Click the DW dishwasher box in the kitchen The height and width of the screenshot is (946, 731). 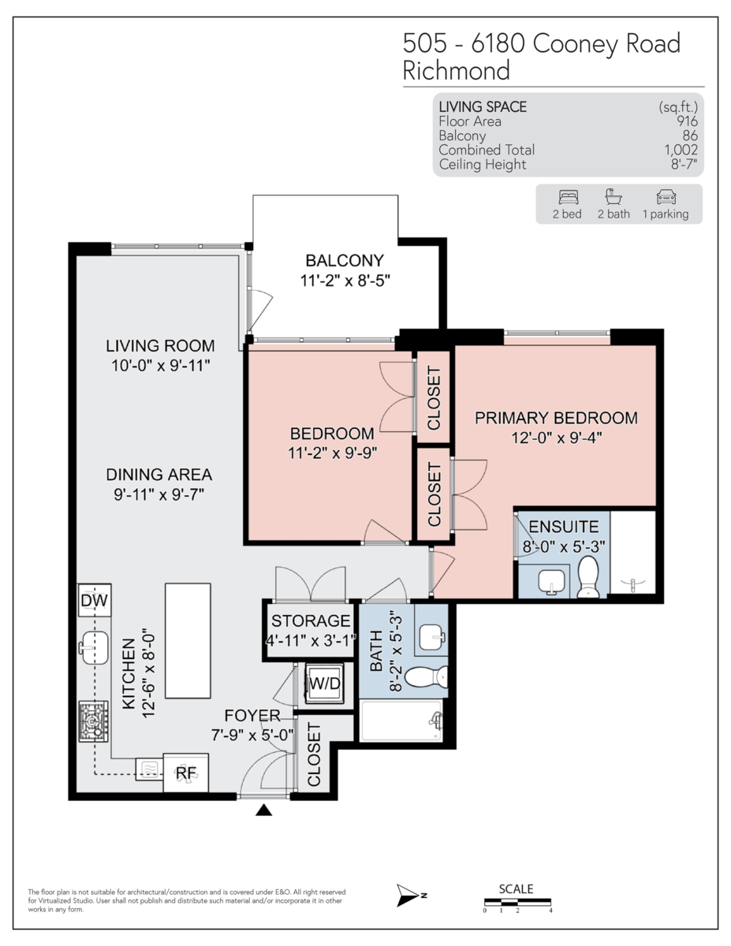tap(94, 602)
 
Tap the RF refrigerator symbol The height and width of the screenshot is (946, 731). tap(185, 773)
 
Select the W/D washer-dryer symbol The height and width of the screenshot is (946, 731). tap(324, 683)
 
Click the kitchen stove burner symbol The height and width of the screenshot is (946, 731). tap(94, 722)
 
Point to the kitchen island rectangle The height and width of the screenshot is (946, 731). tap(188, 641)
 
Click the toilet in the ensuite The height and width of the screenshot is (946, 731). tap(588, 578)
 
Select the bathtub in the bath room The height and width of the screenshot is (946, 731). tap(401, 721)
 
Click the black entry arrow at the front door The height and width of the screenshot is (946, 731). tap(263, 810)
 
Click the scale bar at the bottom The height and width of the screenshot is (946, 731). tap(517, 902)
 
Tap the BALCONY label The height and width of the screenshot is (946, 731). tap(345, 260)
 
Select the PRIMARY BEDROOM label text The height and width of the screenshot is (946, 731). tap(555, 418)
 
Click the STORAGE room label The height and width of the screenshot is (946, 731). tap(311, 621)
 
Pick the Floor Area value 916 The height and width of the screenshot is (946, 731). tap(688, 121)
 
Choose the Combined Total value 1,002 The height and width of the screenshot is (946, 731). tap(681, 150)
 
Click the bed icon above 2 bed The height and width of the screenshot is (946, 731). tap(567, 197)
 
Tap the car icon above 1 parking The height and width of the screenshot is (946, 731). tap(665, 197)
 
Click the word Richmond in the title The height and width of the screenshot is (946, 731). tap(456, 71)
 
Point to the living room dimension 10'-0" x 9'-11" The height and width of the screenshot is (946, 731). tap(161, 366)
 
